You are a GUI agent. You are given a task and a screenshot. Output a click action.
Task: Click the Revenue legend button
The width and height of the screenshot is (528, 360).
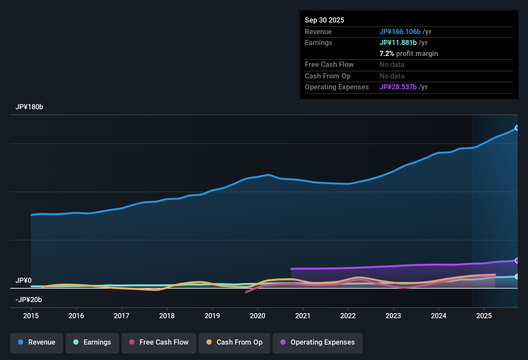click(x=37, y=342)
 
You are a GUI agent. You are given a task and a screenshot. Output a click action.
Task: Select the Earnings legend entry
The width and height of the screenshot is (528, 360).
click(x=92, y=342)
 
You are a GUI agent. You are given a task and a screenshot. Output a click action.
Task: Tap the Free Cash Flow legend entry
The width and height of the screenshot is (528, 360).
click(x=159, y=342)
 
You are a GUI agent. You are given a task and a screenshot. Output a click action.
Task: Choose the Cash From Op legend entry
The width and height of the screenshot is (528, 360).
click(x=234, y=342)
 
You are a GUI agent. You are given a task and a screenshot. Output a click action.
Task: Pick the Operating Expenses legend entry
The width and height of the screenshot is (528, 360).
click(x=318, y=342)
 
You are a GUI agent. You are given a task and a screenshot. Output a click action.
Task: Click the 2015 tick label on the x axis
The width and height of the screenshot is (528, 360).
click(x=31, y=316)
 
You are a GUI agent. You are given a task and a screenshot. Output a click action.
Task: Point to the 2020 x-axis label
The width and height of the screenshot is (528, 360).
click(x=258, y=316)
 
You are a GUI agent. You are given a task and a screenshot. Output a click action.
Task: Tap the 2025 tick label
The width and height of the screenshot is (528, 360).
click(x=484, y=316)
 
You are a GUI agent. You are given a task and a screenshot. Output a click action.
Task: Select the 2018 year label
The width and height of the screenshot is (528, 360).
click(x=167, y=316)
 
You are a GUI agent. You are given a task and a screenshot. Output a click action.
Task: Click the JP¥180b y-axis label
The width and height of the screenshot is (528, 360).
click(x=29, y=107)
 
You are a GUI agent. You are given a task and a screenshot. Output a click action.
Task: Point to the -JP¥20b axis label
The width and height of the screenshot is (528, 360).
click(x=29, y=300)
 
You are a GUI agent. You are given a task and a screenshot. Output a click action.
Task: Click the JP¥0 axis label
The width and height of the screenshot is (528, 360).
click(x=23, y=281)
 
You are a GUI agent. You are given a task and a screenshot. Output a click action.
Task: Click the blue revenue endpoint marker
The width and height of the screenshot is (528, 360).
click(x=517, y=128)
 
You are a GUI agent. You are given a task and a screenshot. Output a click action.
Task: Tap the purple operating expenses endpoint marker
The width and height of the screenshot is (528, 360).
click(x=517, y=260)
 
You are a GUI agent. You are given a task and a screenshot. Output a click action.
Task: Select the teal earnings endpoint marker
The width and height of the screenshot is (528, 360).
click(x=517, y=276)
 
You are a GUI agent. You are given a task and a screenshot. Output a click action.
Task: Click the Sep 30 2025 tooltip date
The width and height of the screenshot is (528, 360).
click(x=324, y=20)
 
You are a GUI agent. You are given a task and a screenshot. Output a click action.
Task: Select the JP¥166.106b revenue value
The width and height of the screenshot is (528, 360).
click(x=400, y=32)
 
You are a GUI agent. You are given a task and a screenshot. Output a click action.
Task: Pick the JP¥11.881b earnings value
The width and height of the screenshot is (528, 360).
click(x=398, y=42)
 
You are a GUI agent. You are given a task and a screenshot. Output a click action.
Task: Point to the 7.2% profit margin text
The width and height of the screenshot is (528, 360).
click(x=409, y=53)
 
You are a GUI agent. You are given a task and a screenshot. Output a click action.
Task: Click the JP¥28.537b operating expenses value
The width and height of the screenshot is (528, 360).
click(x=398, y=87)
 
